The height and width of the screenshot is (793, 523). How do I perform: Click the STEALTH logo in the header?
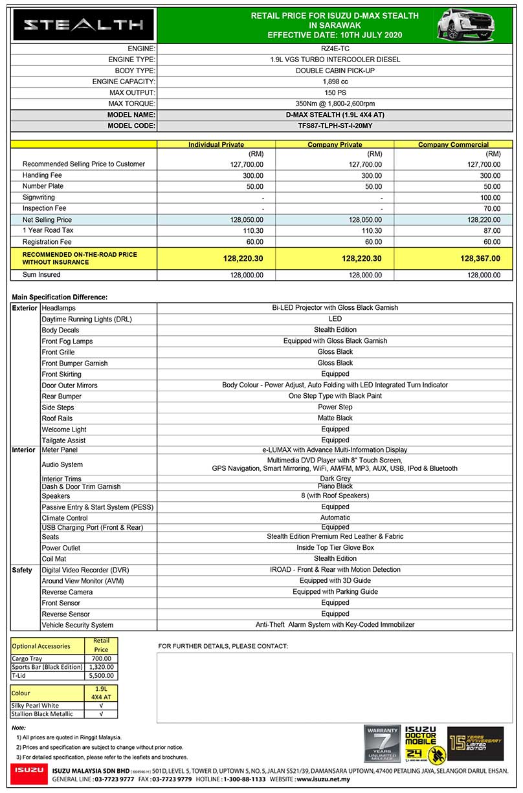[x=83, y=25]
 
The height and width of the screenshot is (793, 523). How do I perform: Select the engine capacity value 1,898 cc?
[x=335, y=81]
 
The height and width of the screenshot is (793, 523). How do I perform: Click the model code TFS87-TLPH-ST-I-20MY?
[x=335, y=126]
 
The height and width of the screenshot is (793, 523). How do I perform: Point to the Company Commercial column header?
[x=453, y=145]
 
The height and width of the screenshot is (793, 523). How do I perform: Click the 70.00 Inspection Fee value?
[x=492, y=208]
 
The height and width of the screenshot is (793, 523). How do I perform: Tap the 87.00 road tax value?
[x=492, y=230]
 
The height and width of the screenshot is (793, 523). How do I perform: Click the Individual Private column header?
[x=216, y=145]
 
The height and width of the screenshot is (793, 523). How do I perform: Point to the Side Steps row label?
[x=58, y=407]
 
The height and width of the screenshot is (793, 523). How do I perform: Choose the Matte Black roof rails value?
[x=335, y=418]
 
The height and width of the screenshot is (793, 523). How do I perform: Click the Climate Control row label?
[x=65, y=518]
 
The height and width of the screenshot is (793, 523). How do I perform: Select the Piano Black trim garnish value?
[x=335, y=486]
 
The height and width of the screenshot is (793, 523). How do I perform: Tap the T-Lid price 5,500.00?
[x=101, y=675]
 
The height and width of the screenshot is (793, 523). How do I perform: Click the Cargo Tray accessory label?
[x=28, y=658]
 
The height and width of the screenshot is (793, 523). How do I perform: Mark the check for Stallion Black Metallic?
[x=101, y=714]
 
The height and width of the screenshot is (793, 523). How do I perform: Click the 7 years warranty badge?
[x=382, y=743]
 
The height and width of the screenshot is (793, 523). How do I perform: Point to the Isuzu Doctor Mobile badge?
[x=421, y=743]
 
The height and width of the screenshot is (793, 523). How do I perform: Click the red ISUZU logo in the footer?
[x=28, y=771]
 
